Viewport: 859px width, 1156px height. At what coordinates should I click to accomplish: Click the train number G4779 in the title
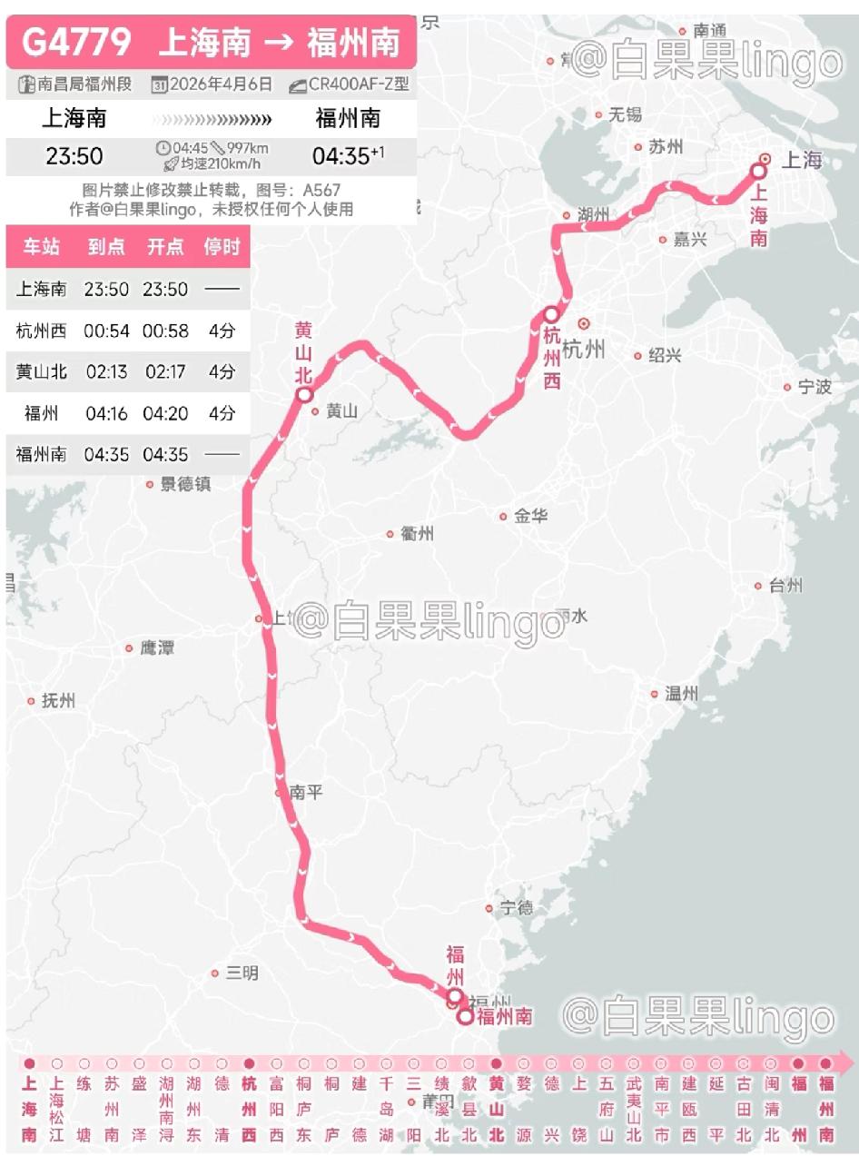(77, 42)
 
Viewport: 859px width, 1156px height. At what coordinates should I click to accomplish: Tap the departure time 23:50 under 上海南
(74, 156)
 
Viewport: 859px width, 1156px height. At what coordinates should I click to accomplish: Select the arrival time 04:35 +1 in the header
(348, 156)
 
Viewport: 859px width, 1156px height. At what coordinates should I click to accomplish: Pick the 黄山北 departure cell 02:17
(165, 372)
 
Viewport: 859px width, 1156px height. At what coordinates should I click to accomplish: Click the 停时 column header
(222, 248)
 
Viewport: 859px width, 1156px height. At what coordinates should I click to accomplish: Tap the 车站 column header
(41, 248)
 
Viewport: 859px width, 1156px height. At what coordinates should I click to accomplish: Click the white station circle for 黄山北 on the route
(304, 395)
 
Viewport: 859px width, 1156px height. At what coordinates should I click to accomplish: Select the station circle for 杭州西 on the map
(551, 314)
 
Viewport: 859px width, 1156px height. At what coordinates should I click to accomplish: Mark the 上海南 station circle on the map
(759, 171)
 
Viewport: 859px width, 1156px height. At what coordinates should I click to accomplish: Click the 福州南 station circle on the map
(465, 1018)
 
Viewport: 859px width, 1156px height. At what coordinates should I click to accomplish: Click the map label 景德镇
(185, 484)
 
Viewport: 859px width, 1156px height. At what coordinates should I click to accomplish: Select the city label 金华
(530, 516)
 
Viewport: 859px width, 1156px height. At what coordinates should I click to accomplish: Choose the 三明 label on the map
(242, 973)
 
